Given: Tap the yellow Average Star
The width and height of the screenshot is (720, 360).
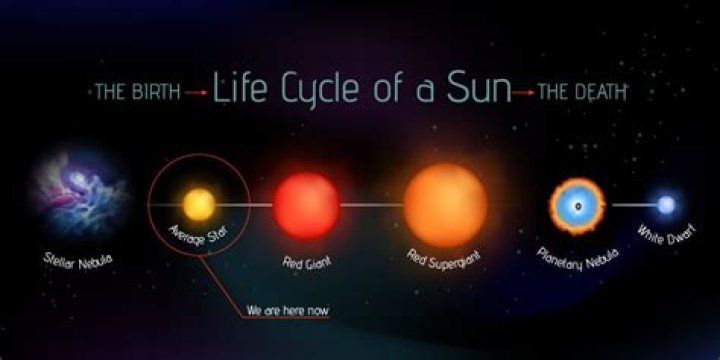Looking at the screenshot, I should pos(198,205).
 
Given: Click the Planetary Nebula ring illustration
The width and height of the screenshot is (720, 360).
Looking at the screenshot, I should pos(578,205).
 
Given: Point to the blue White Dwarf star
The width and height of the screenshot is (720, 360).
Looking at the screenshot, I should pos(666,205).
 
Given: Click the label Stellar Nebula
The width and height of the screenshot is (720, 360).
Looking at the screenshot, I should pos(77,260).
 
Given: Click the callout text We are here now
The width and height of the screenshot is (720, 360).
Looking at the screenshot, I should pos(288,311).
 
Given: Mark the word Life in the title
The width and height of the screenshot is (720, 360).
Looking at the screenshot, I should pos(240,92).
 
